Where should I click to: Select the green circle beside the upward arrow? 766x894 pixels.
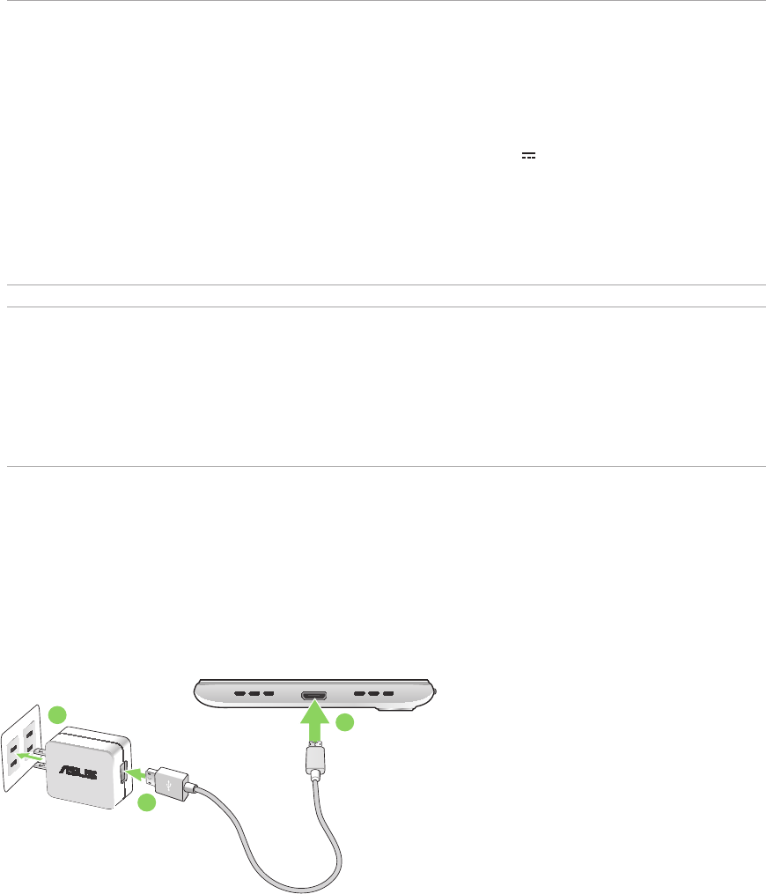pos(346,723)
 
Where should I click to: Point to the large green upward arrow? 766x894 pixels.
pos(314,720)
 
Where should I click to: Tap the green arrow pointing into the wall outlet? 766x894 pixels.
pos(30,756)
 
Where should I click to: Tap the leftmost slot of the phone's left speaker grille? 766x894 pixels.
pos(239,693)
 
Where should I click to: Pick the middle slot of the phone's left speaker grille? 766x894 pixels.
pos(254,693)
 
